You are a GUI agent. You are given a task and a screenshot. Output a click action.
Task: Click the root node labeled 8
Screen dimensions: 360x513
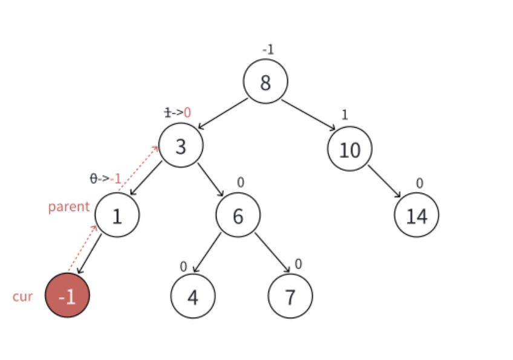266,81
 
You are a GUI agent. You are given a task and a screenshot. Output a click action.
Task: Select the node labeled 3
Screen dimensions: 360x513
181,145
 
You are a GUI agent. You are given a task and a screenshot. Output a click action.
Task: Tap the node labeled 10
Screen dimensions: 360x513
350,148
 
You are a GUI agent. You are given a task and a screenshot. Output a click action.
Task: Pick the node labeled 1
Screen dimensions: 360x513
117,215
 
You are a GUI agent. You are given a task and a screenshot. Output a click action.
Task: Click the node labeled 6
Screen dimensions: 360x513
238,215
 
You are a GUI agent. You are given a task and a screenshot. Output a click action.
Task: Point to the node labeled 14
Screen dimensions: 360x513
416,215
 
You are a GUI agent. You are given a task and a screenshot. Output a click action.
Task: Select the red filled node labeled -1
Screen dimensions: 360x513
68,295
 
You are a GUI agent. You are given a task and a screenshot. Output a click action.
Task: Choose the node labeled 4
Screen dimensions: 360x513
193,296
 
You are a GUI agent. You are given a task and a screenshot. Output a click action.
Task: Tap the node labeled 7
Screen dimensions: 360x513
290,296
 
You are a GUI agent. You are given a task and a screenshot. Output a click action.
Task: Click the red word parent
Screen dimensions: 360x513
68,207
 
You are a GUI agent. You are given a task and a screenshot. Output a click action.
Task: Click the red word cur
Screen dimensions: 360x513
23,297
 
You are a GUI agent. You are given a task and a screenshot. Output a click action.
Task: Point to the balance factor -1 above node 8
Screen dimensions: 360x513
267,50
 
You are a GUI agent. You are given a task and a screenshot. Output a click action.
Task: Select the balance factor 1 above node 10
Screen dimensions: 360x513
345,115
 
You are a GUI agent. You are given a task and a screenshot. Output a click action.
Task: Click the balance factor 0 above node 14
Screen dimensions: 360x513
419,183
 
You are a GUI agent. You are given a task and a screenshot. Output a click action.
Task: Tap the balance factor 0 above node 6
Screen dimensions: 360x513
240,182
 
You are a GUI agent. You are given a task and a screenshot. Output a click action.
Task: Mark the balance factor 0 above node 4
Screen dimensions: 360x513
183,266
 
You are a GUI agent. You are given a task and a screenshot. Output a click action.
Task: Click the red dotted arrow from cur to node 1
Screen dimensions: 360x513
82,249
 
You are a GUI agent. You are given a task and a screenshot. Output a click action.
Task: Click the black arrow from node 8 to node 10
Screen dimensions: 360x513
309,115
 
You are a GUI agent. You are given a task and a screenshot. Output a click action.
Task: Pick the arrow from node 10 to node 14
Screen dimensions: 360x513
384,181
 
